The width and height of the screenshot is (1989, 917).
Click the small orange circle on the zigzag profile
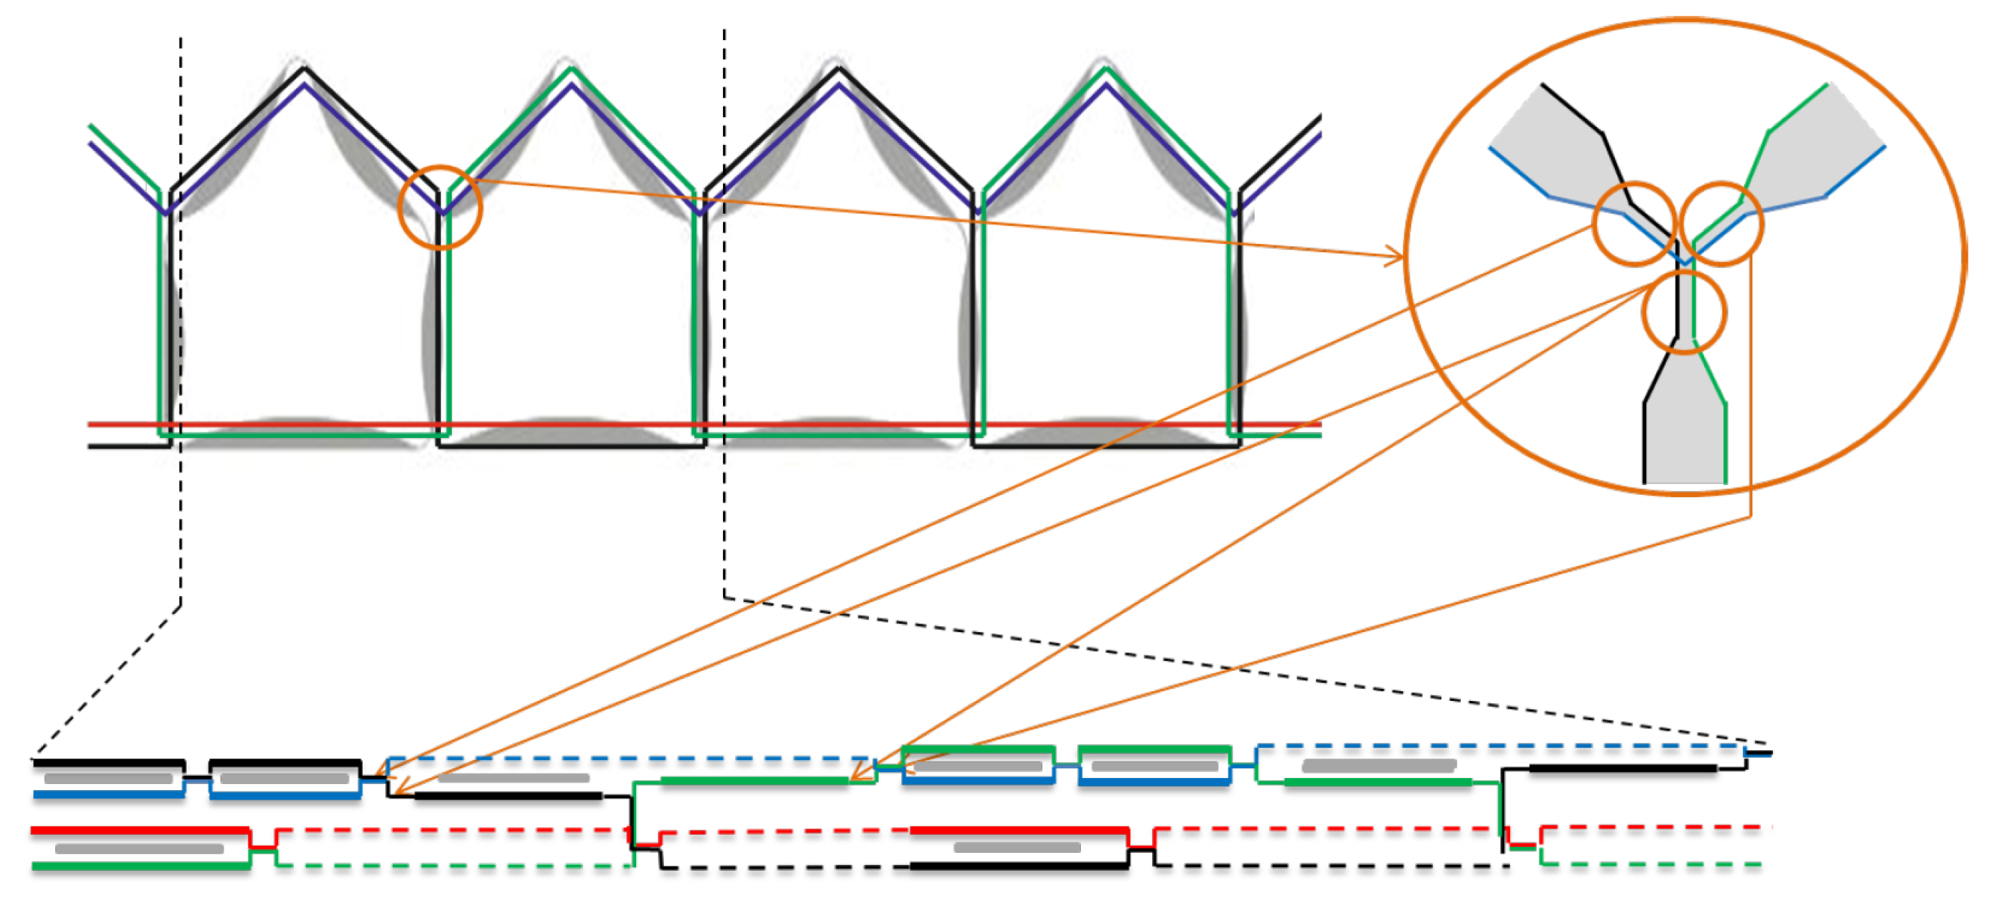440,207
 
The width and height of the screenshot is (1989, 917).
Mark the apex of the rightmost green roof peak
1107,69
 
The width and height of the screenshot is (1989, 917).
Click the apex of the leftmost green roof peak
571,69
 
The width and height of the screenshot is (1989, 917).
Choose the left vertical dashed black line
181,309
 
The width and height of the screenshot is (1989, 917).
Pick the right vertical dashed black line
724,309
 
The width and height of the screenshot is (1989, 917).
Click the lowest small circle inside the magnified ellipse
1683,313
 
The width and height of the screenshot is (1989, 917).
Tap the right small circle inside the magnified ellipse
1722,224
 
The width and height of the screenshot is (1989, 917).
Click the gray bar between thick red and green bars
139,848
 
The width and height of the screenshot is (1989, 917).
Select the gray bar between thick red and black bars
1017,847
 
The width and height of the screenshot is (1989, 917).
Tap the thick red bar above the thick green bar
139,831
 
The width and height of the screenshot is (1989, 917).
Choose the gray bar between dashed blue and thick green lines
1378,766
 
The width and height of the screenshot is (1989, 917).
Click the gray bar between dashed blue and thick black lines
514,778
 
